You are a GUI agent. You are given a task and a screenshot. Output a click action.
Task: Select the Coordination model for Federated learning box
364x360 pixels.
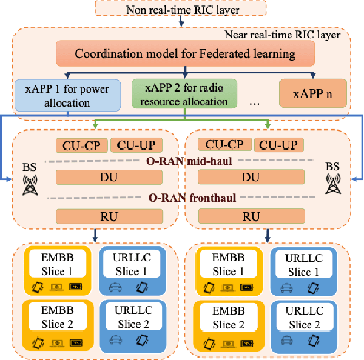[185, 53]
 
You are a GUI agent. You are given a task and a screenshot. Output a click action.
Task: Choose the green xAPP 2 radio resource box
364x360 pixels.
[184, 95]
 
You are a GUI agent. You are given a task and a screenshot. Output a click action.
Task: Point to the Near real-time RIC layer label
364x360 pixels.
[289, 35]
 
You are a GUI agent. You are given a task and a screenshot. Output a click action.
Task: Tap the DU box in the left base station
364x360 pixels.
[109, 178]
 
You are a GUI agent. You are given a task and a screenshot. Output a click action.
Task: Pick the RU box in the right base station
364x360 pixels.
[251, 216]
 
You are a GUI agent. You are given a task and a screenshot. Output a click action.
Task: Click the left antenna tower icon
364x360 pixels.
[29, 184]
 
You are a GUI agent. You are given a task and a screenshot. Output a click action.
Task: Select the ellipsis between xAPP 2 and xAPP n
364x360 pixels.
[255, 103]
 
